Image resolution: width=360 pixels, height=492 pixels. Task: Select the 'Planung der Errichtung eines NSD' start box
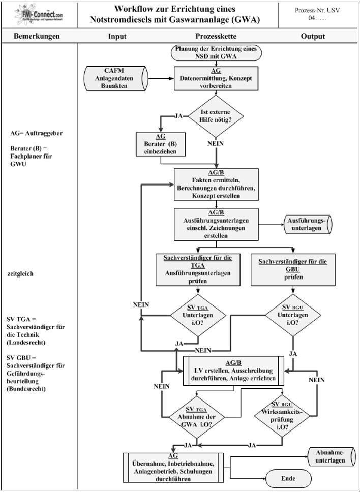click(x=216, y=53)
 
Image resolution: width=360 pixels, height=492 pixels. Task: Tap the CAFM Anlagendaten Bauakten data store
click(x=116, y=78)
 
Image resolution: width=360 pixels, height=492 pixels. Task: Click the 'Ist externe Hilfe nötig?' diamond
click(x=216, y=116)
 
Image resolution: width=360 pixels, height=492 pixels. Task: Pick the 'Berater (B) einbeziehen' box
click(x=160, y=144)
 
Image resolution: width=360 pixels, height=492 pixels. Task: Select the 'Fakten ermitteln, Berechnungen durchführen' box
click(x=216, y=184)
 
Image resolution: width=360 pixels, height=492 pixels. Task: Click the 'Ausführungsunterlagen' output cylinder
click(x=308, y=225)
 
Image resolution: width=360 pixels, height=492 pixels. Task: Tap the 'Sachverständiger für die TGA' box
click(x=198, y=269)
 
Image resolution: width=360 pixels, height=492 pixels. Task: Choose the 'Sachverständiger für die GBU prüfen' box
click(x=293, y=269)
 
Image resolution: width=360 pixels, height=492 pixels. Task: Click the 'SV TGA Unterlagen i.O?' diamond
click(x=198, y=315)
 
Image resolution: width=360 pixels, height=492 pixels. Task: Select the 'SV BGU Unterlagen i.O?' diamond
click(x=293, y=315)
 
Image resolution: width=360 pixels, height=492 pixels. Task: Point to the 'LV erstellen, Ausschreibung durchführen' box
click(x=233, y=371)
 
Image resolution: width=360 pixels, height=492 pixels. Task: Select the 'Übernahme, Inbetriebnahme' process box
click(x=173, y=468)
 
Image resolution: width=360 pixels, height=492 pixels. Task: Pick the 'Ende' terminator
click(x=288, y=478)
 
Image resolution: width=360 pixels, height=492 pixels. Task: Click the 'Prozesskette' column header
click(x=216, y=36)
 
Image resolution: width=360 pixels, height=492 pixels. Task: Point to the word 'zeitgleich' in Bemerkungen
click(x=20, y=274)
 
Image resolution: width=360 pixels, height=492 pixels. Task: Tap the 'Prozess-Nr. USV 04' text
click(x=317, y=14)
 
